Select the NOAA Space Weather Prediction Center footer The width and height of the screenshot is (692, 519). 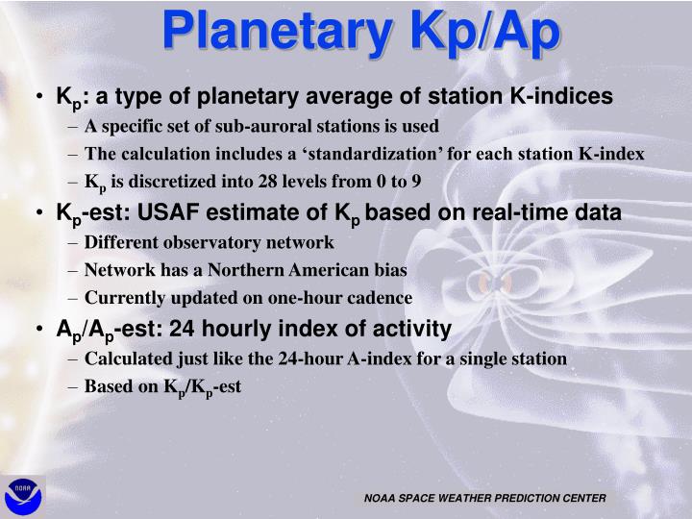[x=484, y=498]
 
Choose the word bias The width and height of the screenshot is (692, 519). [x=389, y=270]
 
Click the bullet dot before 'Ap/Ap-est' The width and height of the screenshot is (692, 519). [x=37, y=330]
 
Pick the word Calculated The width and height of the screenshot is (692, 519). [x=124, y=358]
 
